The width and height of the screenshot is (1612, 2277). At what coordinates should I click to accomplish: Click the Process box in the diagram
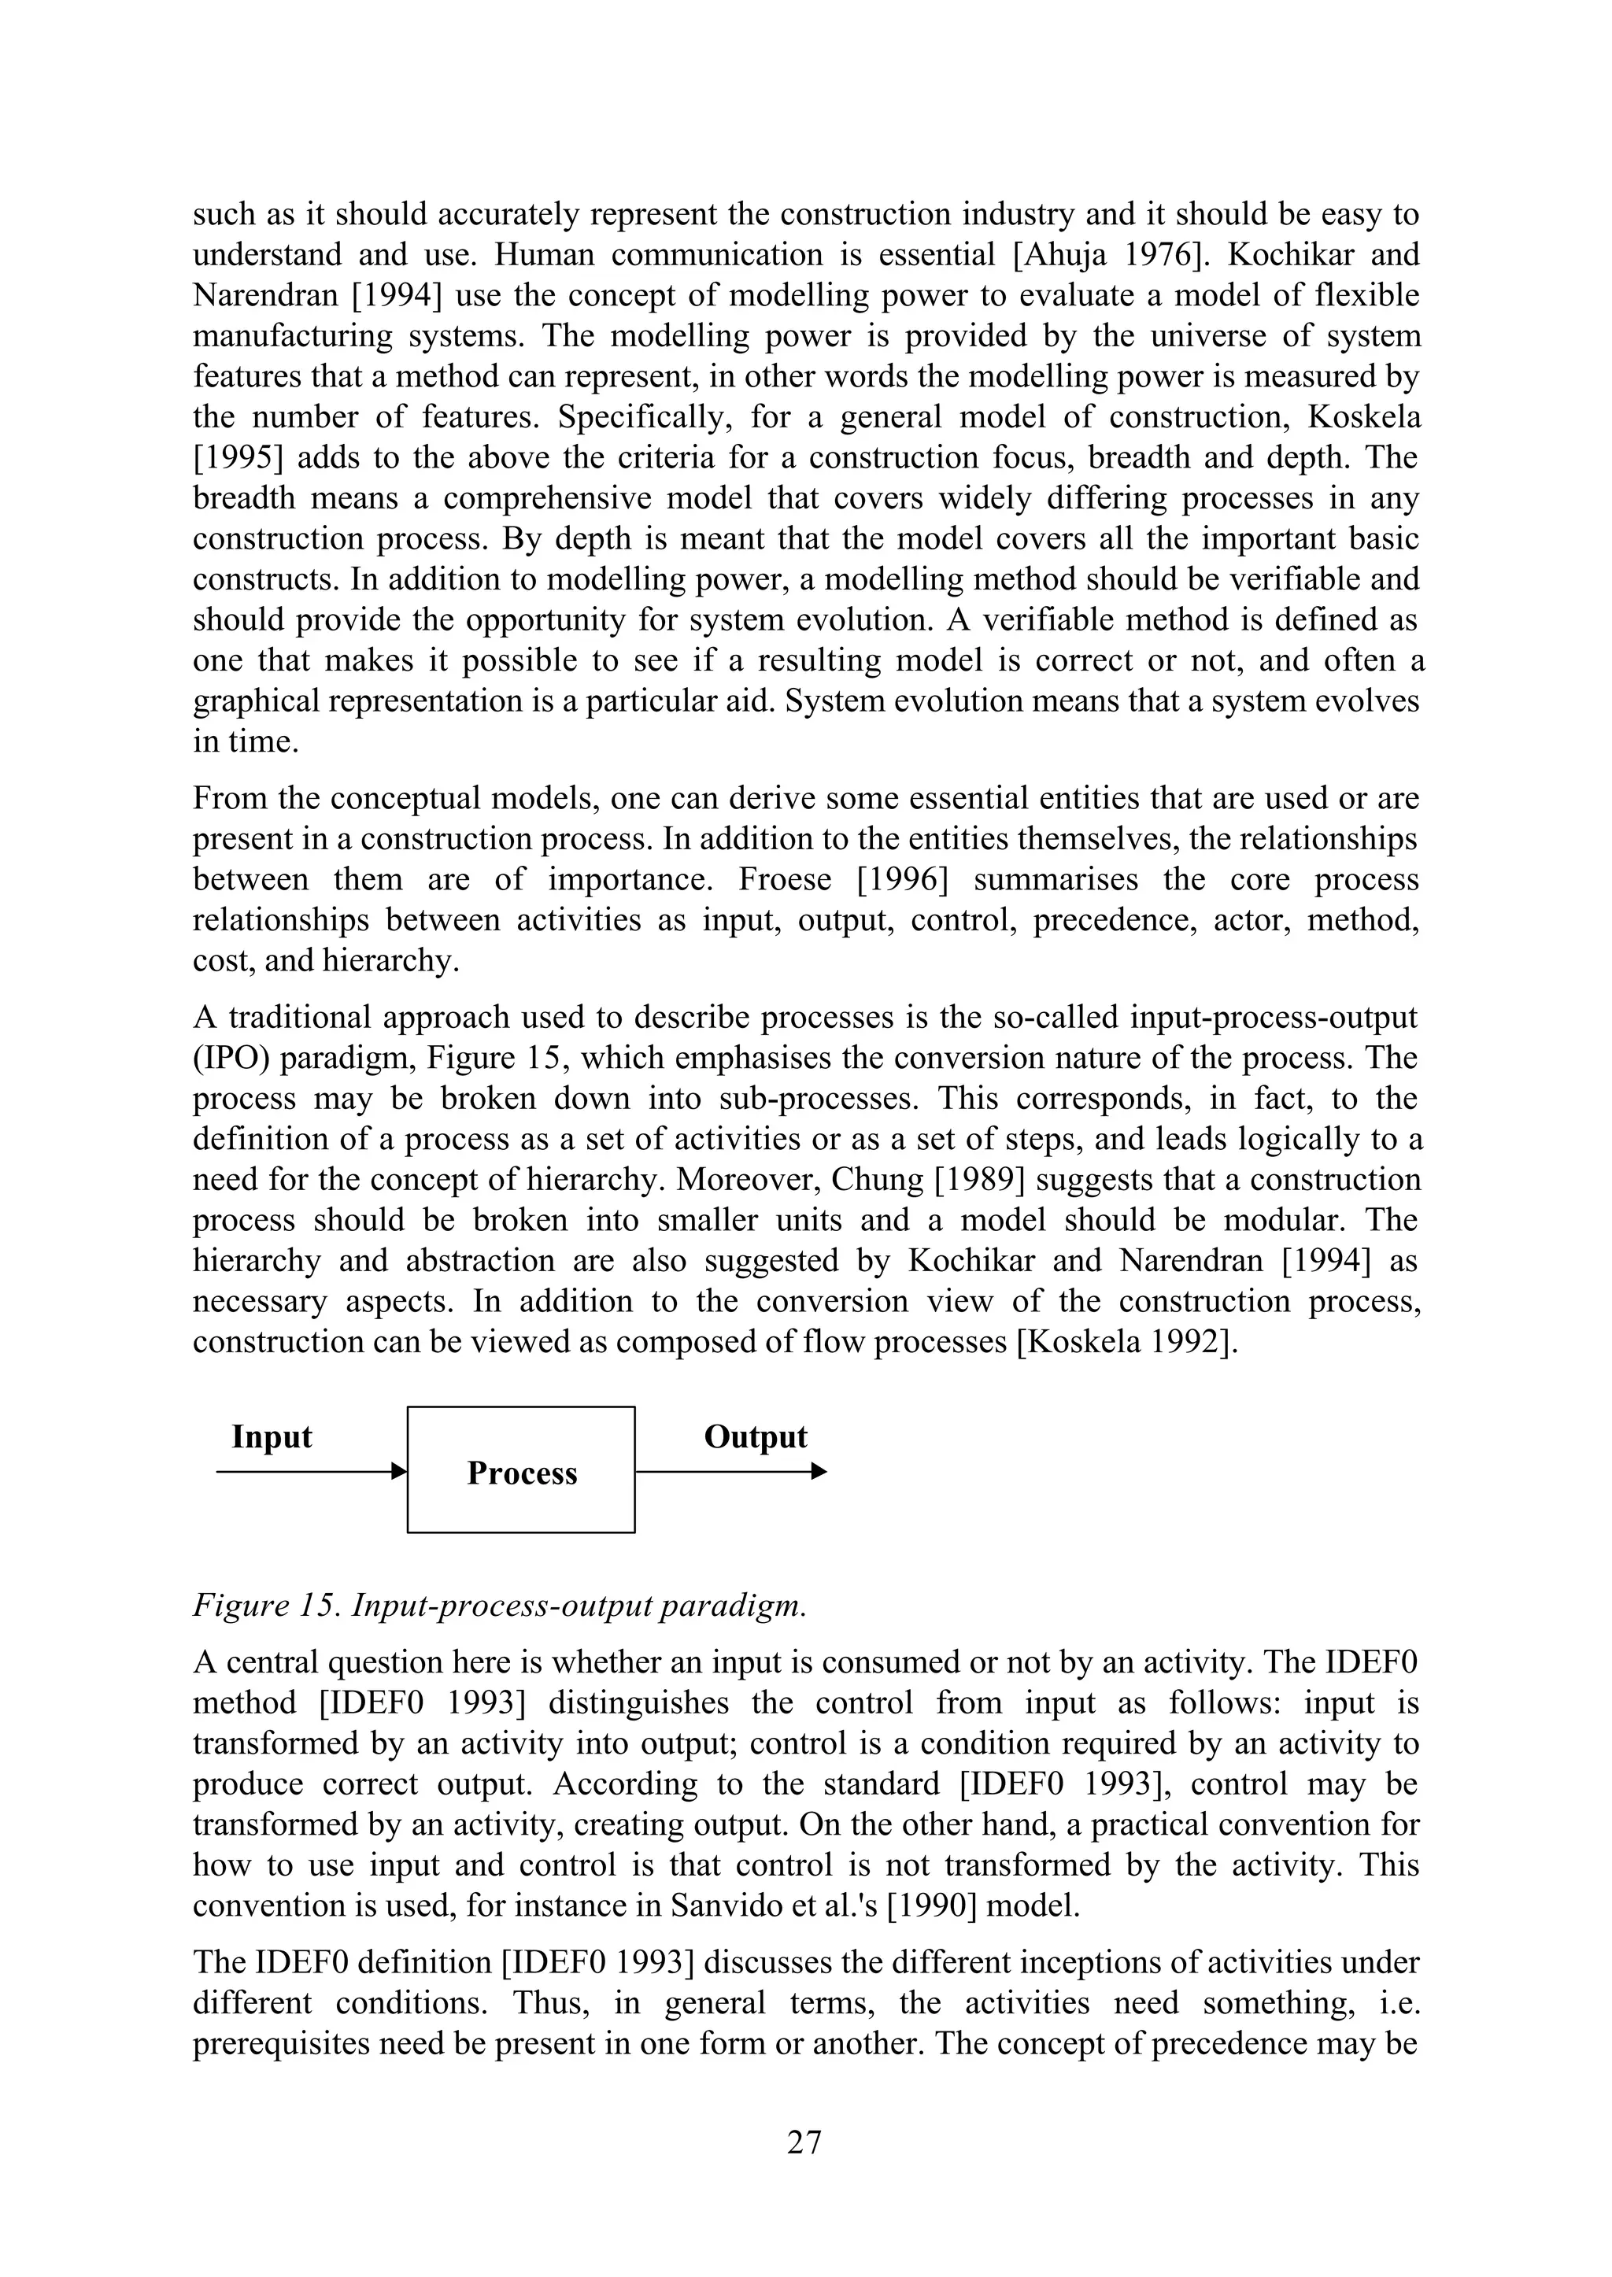tap(521, 1470)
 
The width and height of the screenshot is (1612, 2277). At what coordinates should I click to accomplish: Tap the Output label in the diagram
tap(756, 1436)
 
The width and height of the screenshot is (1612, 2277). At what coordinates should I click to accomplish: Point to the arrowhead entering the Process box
tap(399, 1471)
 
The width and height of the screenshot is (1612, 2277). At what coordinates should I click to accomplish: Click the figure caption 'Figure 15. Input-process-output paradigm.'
tap(499, 1606)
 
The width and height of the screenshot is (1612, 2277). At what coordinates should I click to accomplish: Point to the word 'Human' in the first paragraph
tap(543, 255)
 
